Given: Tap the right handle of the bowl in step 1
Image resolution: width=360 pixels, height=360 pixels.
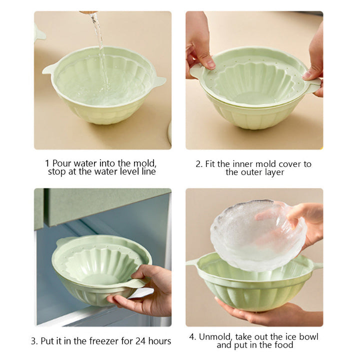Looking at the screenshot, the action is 159,81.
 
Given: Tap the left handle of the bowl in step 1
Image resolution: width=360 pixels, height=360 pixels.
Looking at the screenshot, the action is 48,69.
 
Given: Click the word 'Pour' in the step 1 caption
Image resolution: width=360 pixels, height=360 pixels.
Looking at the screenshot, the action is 62,163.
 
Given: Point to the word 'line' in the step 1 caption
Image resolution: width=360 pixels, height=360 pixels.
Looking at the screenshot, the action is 148,171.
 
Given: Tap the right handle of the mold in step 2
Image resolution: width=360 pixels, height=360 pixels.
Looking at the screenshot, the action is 313,85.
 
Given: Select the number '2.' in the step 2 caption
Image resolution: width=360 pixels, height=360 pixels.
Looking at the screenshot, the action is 199,164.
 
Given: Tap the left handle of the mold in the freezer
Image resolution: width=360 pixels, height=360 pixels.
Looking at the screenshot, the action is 63,240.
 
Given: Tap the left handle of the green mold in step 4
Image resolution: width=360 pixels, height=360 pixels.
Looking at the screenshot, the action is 192,262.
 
